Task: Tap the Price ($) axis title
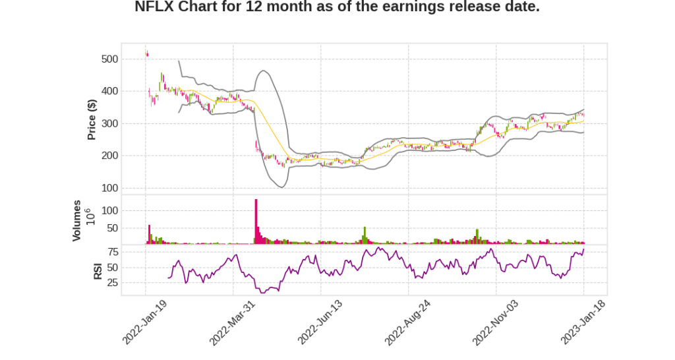(92, 119)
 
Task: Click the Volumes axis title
(77, 220)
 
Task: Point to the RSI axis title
(98, 270)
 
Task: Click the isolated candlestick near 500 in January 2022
(147, 54)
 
